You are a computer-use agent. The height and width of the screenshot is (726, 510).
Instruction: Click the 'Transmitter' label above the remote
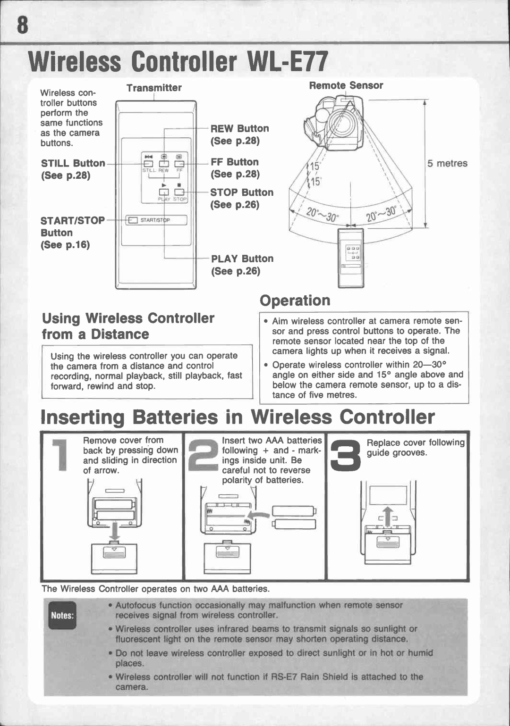[x=153, y=88]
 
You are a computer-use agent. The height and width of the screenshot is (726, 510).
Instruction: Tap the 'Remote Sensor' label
[x=346, y=85]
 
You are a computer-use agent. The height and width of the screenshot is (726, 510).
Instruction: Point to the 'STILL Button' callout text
[x=73, y=163]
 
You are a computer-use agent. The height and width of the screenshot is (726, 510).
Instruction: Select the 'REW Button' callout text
[x=239, y=129]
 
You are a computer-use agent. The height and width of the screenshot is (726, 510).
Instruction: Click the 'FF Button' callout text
[x=235, y=162]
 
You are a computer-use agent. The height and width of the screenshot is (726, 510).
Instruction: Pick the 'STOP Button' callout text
[x=242, y=192]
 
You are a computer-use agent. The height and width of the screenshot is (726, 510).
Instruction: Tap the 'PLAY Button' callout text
[x=242, y=259]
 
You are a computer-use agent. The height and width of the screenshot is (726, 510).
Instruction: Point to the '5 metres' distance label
[x=447, y=163]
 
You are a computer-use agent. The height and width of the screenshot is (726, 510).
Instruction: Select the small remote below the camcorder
[x=351, y=258]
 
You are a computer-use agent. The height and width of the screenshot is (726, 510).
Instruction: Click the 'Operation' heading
[x=295, y=300]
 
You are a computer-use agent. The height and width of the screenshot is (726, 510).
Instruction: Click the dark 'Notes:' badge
[x=62, y=615]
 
